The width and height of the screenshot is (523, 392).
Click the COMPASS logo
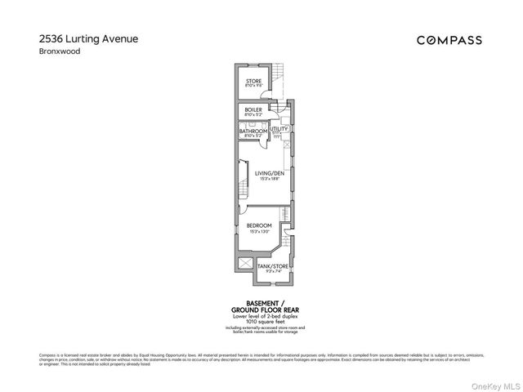pos(449,40)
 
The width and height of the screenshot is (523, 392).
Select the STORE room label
pos(254,81)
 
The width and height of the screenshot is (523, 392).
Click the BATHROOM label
pos(253,131)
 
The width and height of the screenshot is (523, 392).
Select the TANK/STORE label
pos(271,266)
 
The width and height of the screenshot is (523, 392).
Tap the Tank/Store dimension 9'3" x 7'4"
pos(271,271)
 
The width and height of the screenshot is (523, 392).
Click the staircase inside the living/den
pos(243,176)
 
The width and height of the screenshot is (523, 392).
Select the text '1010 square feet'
pos(261,321)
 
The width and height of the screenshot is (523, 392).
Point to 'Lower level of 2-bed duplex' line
pos(261,315)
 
